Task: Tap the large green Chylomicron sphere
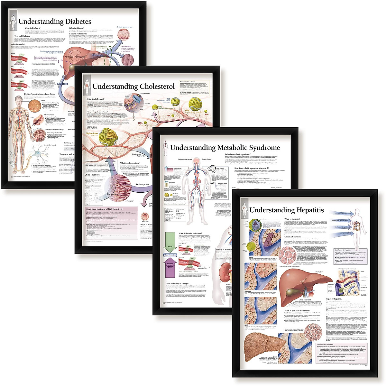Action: click(106, 136)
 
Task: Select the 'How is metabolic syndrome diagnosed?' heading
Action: click(256, 168)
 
